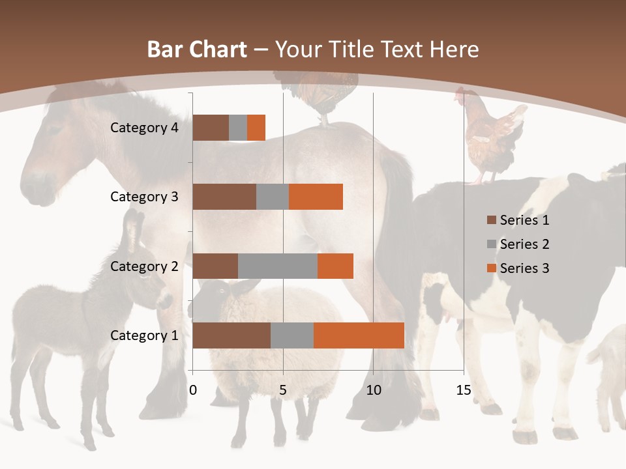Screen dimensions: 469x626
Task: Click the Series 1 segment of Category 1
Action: coord(231,335)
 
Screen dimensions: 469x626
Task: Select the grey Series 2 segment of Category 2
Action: coord(278,266)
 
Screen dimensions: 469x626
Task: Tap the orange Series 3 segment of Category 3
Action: coord(316,197)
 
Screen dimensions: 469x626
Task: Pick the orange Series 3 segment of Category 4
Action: coord(256,128)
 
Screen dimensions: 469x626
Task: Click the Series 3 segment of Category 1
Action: coord(359,335)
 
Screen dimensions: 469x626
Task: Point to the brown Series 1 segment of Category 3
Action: coord(224,197)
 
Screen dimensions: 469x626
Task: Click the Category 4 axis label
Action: coord(144,128)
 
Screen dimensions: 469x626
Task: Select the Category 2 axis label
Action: coord(144,266)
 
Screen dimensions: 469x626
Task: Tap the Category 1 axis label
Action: coord(144,335)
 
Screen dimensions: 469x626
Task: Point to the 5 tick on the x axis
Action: coord(283,390)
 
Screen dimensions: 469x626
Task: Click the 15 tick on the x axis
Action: coord(464,390)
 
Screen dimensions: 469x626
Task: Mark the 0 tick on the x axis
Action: coord(193,390)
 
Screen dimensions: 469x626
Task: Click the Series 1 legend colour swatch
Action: coord(491,220)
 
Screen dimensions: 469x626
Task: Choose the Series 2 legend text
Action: coord(524,244)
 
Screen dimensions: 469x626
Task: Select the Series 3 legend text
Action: coord(524,268)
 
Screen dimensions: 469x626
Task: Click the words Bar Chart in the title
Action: coord(196,50)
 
